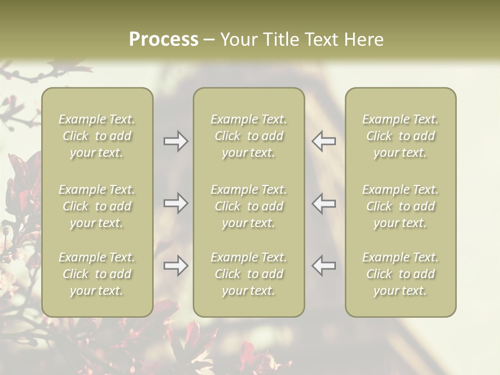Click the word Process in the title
point(164,40)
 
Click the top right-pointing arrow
point(176,141)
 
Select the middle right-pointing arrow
point(176,203)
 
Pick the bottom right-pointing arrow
point(176,266)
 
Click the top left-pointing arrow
point(324,141)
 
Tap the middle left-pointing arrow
point(324,203)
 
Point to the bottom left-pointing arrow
point(324,266)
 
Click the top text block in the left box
point(97,136)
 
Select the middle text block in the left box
point(97,206)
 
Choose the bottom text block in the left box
point(97,274)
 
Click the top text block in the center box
point(248,136)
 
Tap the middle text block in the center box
point(248,206)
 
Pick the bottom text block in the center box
point(248,274)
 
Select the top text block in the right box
point(401,136)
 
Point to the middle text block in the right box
point(401,206)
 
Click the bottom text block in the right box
point(401,274)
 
